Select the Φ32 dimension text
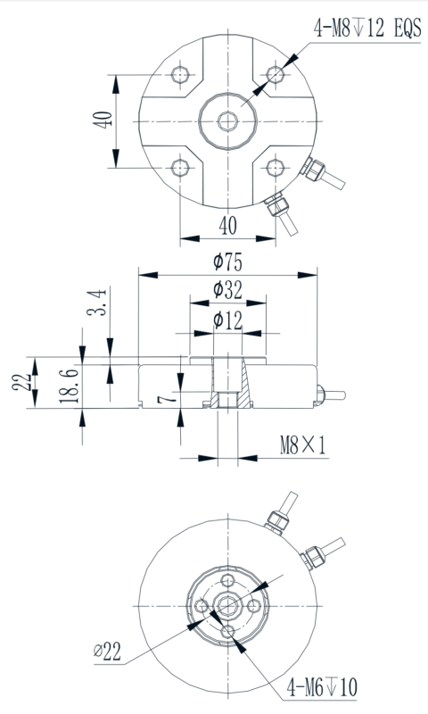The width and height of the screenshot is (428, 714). (228, 290)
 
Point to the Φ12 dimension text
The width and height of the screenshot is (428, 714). (228, 320)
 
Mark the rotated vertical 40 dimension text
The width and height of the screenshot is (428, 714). (102, 120)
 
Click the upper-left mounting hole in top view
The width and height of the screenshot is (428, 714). (181, 73)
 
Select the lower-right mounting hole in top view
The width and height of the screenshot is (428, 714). (275, 166)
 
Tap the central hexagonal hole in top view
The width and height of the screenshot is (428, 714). (228, 120)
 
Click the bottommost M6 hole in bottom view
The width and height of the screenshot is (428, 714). (229, 632)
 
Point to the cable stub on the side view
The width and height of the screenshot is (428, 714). (332, 392)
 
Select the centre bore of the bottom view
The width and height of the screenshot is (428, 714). (229, 607)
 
